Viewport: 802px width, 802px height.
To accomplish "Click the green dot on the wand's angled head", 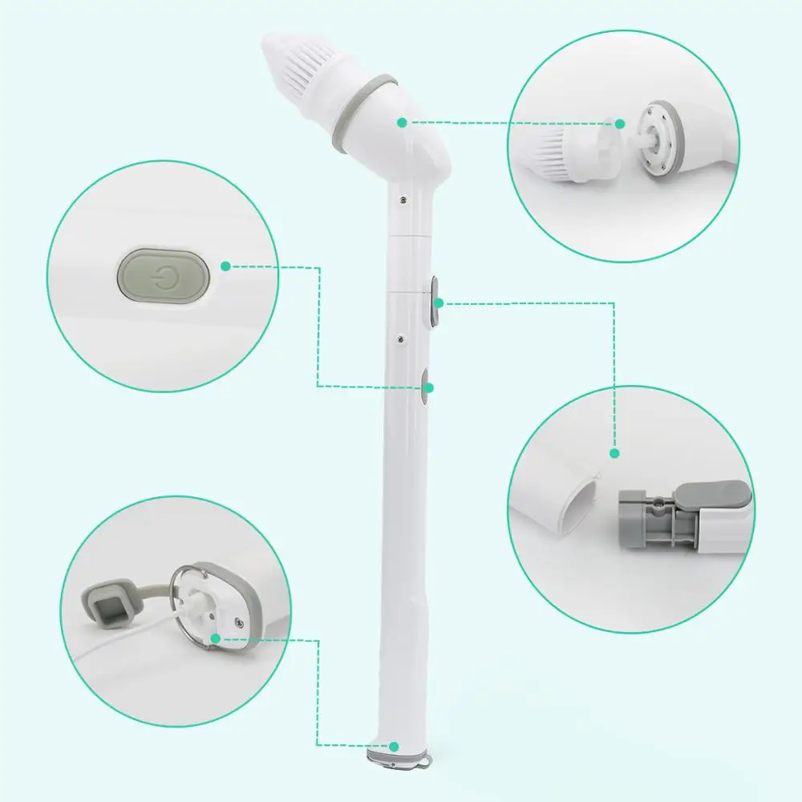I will tap(401, 122).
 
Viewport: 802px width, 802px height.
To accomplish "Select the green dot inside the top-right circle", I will tap(620, 123).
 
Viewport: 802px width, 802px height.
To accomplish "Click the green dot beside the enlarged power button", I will tap(226, 265).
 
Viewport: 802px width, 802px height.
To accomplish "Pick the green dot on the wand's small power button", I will tap(429, 388).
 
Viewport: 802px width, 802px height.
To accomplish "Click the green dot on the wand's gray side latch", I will tap(439, 303).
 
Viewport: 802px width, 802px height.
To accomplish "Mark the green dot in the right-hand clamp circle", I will tap(615, 453).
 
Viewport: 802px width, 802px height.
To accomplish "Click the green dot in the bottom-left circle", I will tap(215, 638).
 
